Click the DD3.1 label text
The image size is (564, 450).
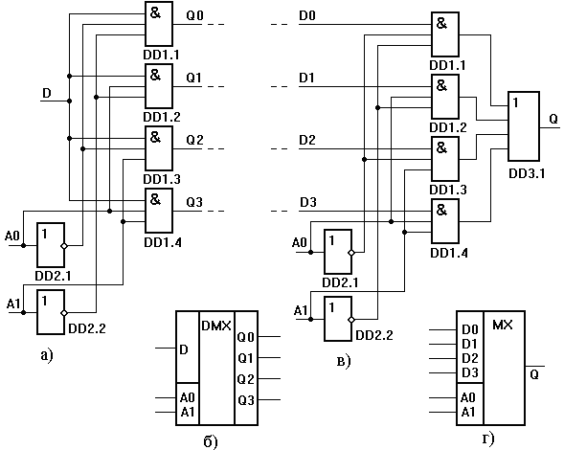click(527, 173)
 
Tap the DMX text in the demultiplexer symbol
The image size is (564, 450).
click(216, 326)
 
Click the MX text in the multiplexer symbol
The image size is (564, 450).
click(502, 326)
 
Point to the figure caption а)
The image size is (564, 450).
click(47, 355)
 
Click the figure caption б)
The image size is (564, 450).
click(211, 441)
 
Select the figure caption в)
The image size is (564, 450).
click(344, 362)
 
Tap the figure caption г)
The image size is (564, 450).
click(488, 439)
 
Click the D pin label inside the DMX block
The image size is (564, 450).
click(184, 349)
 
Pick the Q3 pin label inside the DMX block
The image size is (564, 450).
click(246, 400)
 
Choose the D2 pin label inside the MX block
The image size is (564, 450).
click(470, 358)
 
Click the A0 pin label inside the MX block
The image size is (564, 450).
click(467, 397)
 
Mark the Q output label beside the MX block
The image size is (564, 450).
click(534, 374)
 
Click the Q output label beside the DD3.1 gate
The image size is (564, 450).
click(553, 119)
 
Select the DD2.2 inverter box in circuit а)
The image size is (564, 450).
click(51, 312)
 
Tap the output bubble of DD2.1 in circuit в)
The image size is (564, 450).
click(351, 253)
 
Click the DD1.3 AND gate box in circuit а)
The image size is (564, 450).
click(159, 148)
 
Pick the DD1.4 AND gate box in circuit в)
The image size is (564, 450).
click(445, 221)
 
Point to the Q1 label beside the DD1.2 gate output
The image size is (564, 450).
click(193, 78)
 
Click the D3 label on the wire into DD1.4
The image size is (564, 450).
click(308, 203)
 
